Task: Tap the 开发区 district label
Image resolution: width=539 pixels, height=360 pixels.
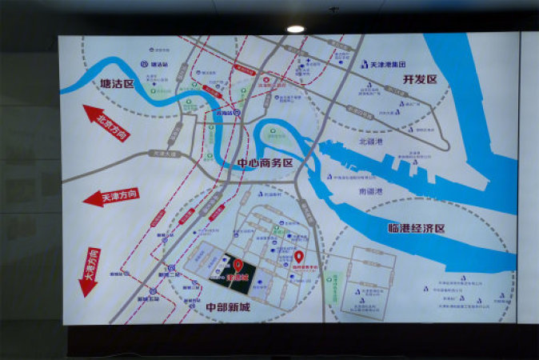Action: [x=421, y=79]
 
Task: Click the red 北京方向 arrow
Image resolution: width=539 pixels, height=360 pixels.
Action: [x=105, y=125]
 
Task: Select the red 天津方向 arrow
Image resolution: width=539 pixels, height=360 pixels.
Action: [x=111, y=196]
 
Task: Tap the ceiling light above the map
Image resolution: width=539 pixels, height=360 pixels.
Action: [x=295, y=29]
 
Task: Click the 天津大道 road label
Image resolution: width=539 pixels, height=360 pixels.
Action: [x=163, y=153]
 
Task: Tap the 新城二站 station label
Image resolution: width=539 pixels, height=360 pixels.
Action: [x=170, y=274]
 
